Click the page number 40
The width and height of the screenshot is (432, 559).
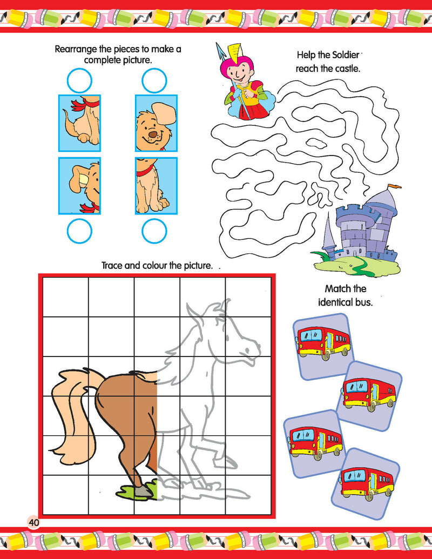coord(34,523)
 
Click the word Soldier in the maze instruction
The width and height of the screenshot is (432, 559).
coord(346,55)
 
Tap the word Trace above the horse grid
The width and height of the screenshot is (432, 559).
coord(112,266)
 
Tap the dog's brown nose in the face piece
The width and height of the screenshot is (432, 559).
coord(153,135)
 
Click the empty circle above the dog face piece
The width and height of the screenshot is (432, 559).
coord(154,80)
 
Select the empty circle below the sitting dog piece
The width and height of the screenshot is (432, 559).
coord(154,231)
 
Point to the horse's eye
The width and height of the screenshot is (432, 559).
coord(227,337)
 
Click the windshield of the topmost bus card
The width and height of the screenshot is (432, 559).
coord(309,335)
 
